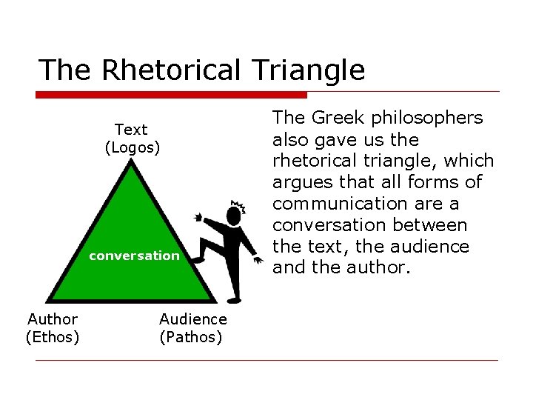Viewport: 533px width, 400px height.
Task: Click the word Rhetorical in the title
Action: tap(171, 70)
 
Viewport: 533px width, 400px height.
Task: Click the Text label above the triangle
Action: tap(131, 130)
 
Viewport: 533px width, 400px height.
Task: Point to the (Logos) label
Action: tap(132, 147)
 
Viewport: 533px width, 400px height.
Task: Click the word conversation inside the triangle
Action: tap(134, 256)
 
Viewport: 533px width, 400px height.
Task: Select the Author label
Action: tap(53, 319)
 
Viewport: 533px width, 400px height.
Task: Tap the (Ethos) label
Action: tap(53, 337)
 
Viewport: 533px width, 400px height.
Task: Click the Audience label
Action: tap(193, 319)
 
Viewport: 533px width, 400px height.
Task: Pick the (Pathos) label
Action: tap(191, 337)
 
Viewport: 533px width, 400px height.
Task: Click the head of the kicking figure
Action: tap(235, 216)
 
